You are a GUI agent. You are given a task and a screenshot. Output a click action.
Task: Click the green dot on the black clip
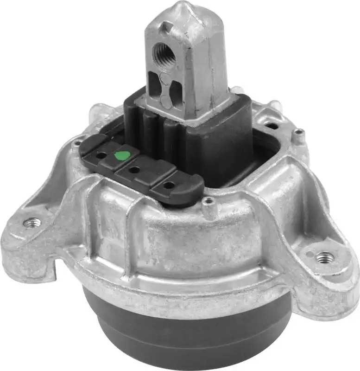(121, 155)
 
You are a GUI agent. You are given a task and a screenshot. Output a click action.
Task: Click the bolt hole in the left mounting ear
(32, 223)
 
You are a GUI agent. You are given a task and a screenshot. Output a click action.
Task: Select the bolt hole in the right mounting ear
(324, 256)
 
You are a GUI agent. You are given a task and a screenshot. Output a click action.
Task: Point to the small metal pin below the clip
(210, 202)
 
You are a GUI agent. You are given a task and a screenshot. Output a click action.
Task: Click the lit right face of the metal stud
(208, 65)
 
